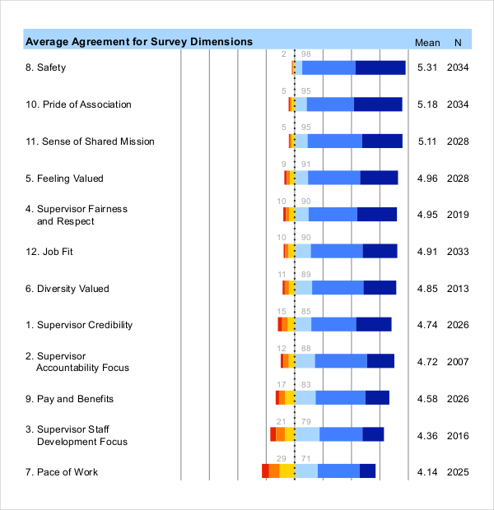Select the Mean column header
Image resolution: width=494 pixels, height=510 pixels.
point(427,43)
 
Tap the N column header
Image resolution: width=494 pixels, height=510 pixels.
point(458,43)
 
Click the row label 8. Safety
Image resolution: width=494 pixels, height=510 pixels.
point(45,67)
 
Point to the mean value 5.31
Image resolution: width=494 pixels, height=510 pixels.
point(427,67)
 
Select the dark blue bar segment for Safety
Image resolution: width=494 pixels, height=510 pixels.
point(380,67)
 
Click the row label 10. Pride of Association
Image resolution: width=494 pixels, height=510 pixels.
point(78,104)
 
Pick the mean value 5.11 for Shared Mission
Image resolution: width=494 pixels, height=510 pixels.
point(427,141)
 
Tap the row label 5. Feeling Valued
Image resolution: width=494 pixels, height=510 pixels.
point(64,178)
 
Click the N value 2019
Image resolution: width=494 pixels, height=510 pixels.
point(458,215)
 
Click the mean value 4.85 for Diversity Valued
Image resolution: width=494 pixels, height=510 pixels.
point(427,289)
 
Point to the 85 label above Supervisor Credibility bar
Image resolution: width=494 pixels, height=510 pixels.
point(306,312)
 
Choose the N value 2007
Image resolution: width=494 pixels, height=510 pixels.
point(458,362)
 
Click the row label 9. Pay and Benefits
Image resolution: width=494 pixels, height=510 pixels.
point(69,399)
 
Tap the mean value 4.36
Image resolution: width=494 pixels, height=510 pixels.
point(427,436)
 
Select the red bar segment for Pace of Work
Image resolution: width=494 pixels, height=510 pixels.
point(265,471)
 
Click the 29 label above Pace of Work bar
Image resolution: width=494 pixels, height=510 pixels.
point(282,459)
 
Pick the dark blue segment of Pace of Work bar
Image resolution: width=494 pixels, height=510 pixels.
point(367,471)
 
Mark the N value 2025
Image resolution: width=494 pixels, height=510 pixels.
point(458,472)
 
